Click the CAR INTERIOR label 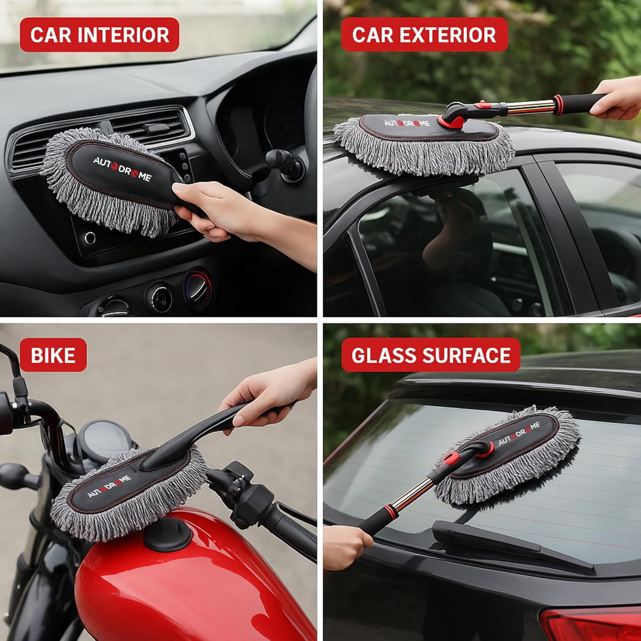(x=99, y=35)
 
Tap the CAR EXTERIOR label (x=424, y=35)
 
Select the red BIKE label (x=53, y=355)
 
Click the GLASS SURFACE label (x=431, y=355)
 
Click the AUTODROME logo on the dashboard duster (x=122, y=169)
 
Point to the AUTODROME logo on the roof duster (x=406, y=123)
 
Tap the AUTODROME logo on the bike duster (x=109, y=486)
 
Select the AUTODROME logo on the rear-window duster (x=519, y=433)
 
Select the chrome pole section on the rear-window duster (x=410, y=496)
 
